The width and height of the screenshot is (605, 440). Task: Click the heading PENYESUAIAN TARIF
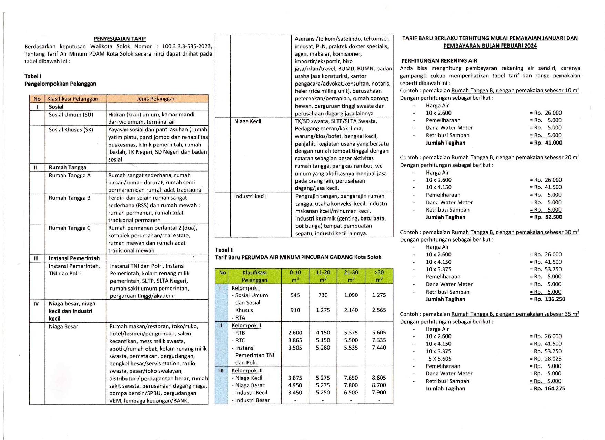[x=120, y=39]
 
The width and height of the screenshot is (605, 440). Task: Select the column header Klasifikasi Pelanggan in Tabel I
[x=73, y=99]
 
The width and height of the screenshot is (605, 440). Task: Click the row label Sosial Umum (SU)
[x=71, y=115]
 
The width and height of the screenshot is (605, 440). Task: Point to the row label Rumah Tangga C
[x=70, y=228]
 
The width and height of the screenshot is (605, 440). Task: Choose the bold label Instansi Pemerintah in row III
[x=74, y=258]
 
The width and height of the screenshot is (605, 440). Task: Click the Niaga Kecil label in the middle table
[x=248, y=121]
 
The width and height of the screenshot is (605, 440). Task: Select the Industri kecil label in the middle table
[x=250, y=196]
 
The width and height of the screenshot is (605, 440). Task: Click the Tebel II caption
[x=224, y=250]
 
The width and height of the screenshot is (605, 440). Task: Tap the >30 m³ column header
[x=379, y=276]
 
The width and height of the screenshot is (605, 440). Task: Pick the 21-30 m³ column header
[x=351, y=276]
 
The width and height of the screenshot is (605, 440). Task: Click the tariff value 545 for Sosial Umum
[x=295, y=295]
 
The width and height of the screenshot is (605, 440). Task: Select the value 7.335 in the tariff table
[x=379, y=340]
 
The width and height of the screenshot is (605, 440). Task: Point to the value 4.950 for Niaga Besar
[x=295, y=385]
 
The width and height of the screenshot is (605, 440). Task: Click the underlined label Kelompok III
[x=247, y=371]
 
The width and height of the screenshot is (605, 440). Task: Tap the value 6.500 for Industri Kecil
[x=351, y=393]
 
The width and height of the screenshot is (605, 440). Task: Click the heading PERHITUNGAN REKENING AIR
[x=439, y=61]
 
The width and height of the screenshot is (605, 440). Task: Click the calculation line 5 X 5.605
[x=440, y=359]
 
